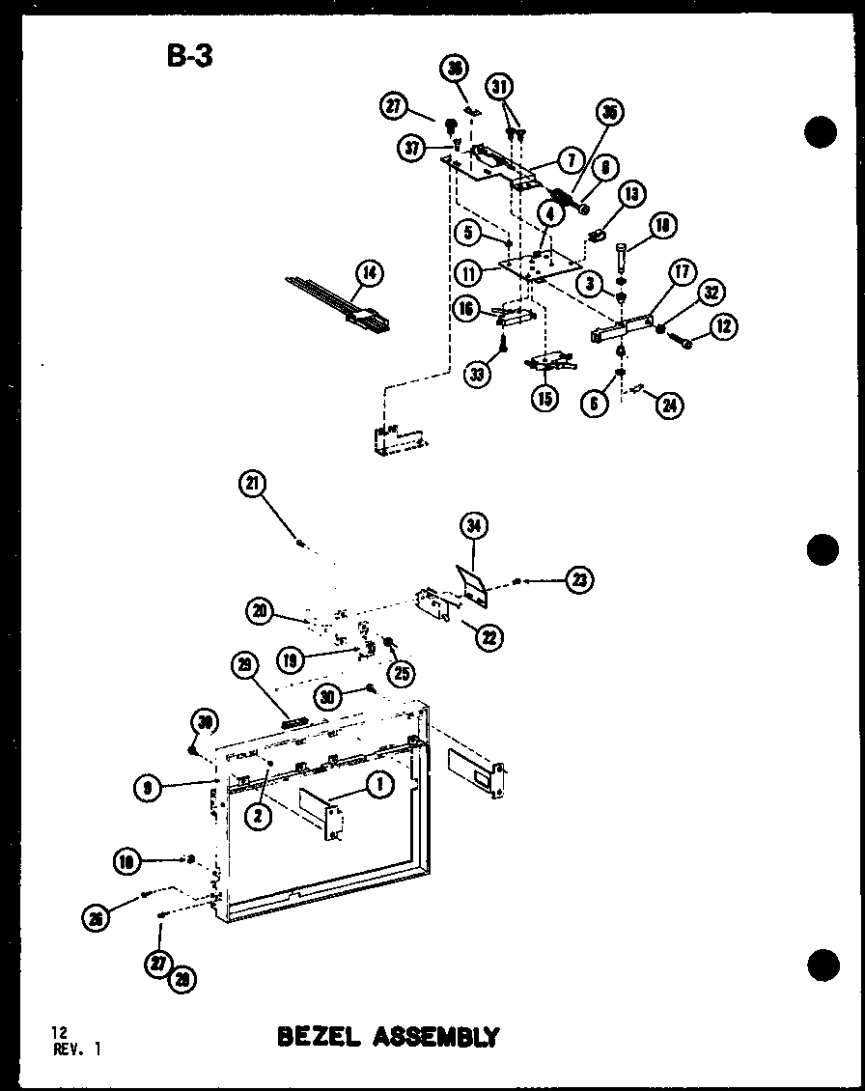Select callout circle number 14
click(x=367, y=274)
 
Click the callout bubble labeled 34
click(x=473, y=526)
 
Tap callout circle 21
click(x=255, y=486)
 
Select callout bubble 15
click(x=545, y=397)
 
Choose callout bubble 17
click(x=682, y=272)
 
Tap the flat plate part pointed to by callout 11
click(x=542, y=262)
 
